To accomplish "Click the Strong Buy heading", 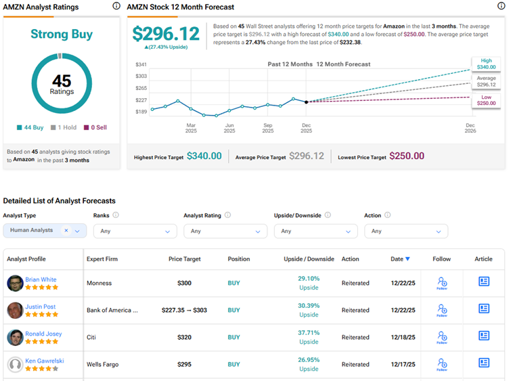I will click(x=62, y=34).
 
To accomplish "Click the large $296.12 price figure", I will click(x=166, y=34).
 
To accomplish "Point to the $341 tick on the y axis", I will click(x=141, y=65).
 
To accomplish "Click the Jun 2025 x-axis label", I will click(x=229, y=128).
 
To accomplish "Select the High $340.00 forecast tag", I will click(x=485, y=64).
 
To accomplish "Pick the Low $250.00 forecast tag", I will click(x=485, y=100).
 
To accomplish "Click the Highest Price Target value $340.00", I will click(x=204, y=156).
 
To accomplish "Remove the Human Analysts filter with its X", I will click(x=66, y=231).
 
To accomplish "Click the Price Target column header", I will click(x=184, y=259).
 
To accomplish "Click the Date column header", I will click(x=400, y=259).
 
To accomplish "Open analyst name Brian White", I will click(x=41, y=279).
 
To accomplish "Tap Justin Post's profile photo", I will click(x=15, y=310).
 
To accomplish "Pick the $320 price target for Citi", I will click(x=184, y=337).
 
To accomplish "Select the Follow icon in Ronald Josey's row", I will click(x=442, y=336).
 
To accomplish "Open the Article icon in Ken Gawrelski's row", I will click(x=484, y=363).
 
